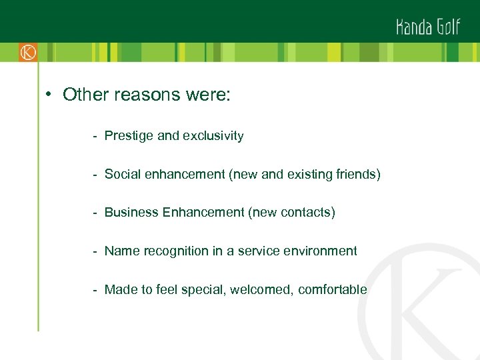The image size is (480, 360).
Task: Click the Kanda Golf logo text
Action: pyautogui.click(x=427, y=27)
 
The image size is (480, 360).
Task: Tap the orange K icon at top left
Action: pyautogui.click(x=27, y=52)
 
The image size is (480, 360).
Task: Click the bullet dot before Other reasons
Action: pyautogui.click(x=49, y=95)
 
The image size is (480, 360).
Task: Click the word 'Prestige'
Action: pyautogui.click(x=129, y=136)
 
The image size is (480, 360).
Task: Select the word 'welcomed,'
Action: pyautogui.click(x=261, y=290)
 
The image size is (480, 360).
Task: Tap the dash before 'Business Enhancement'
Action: pyautogui.click(x=97, y=213)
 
